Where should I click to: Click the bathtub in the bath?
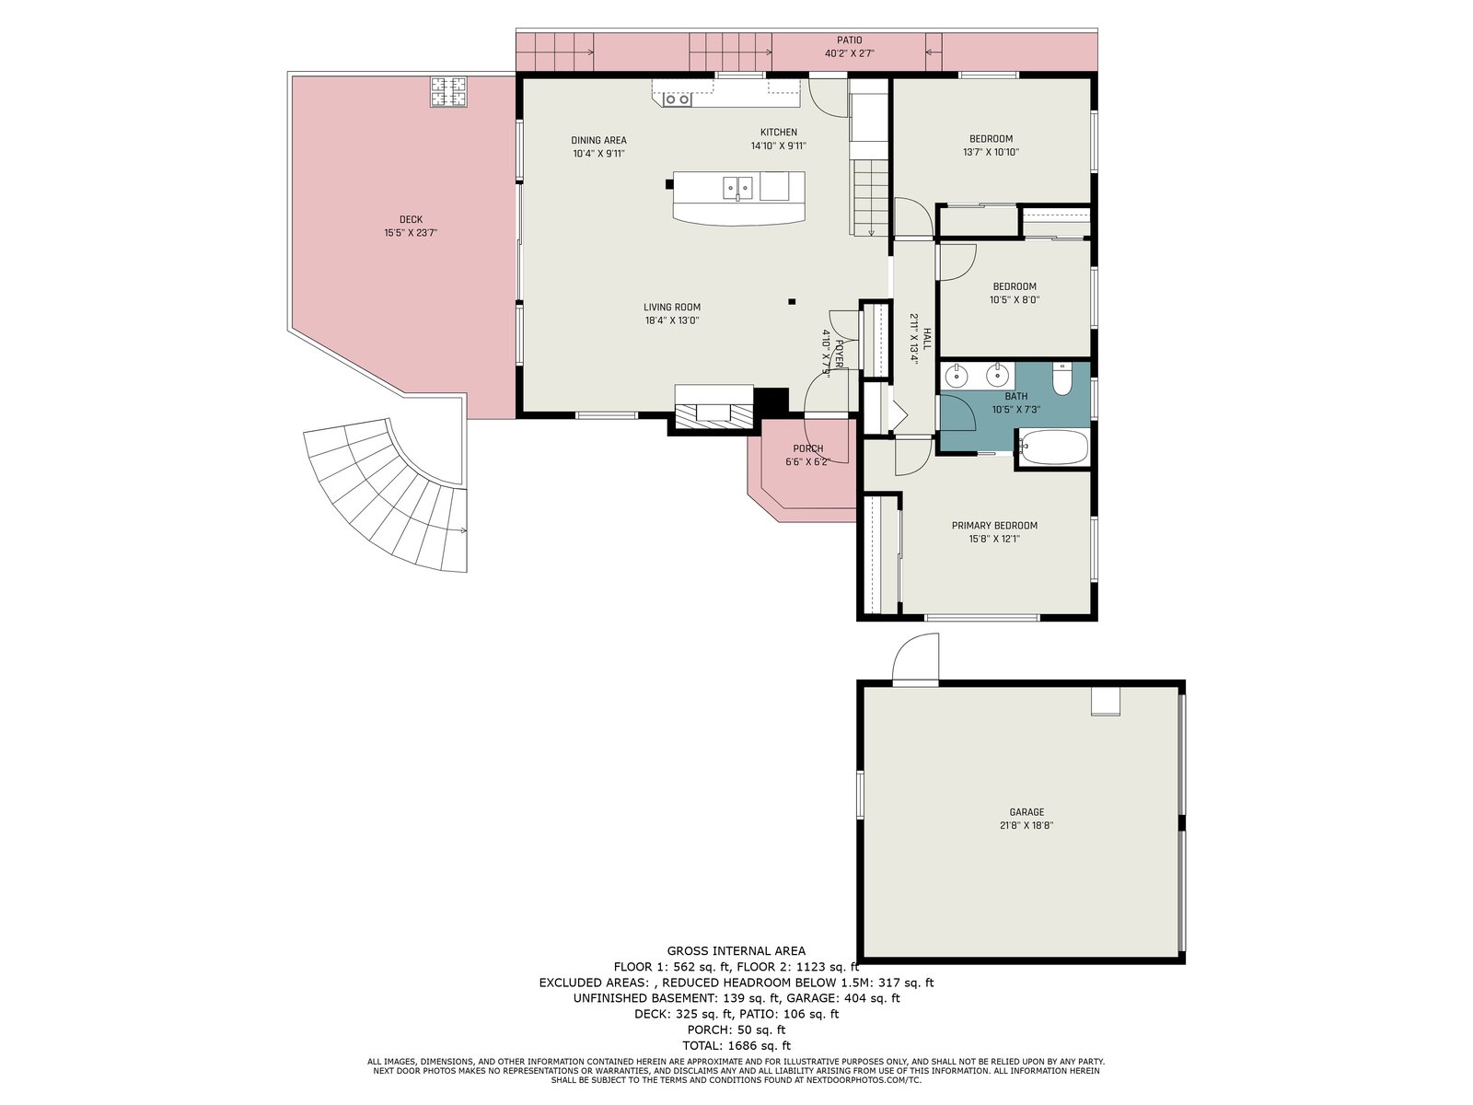(1053, 448)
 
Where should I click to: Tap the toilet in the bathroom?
(1061, 378)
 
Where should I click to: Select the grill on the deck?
(448, 92)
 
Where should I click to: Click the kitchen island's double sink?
(737, 188)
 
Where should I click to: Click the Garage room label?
(1026, 812)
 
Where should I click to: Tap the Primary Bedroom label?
(994, 525)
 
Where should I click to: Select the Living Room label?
(672, 308)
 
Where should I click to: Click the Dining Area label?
(598, 140)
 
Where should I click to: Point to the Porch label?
(808, 448)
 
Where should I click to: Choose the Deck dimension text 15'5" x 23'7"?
(411, 233)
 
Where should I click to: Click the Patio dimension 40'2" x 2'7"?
(850, 53)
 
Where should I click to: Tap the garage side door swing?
(915, 658)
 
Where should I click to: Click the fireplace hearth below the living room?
(713, 413)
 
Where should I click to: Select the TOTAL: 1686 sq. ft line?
(736, 1045)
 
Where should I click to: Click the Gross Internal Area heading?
(736, 950)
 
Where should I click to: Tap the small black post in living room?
(792, 302)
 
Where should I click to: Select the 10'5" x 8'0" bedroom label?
(1014, 300)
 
